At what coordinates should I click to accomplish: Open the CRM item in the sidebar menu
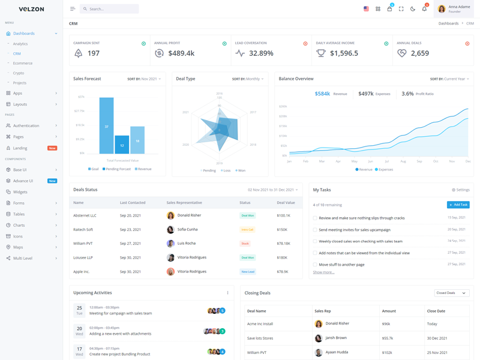pyautogui.click(x=17, y=53)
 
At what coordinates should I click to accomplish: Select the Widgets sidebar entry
pyautogui.click(x=20, y=192)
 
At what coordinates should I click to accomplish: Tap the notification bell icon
pyautogui.click(x=424, y=9)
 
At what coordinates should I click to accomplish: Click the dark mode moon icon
pyautogui.click(x=413, y=9)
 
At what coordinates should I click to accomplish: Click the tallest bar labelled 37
pyautogui.click(x=106, y=125)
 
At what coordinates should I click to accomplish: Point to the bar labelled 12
pyautogui.click(x=122, y=145)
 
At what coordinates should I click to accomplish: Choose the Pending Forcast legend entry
pyautogui.click(x=117, y=169)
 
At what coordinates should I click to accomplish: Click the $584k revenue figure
pyautogui.click(x=322, y=94)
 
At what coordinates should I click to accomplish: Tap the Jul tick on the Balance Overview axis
pyautogui.click(x=387, y=161)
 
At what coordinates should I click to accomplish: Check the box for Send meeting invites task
pyautogui.click(x=315, y=230)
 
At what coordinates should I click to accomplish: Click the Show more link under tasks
pyautogui.click(x=323, y=272)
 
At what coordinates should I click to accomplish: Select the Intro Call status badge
pyautogui.click(x=247, y=230)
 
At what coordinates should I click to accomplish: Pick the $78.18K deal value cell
pyautogui.click(x=283, y=244)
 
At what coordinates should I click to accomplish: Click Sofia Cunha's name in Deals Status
pyautogui.click(x=187, y=230)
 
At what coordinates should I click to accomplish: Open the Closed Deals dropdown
pyautogui.click(x=451, y=293)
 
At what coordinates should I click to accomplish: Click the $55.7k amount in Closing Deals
pyautogui.click(x=387, y=338)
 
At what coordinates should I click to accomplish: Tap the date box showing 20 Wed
pyautogui.click(x=79, y=331)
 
